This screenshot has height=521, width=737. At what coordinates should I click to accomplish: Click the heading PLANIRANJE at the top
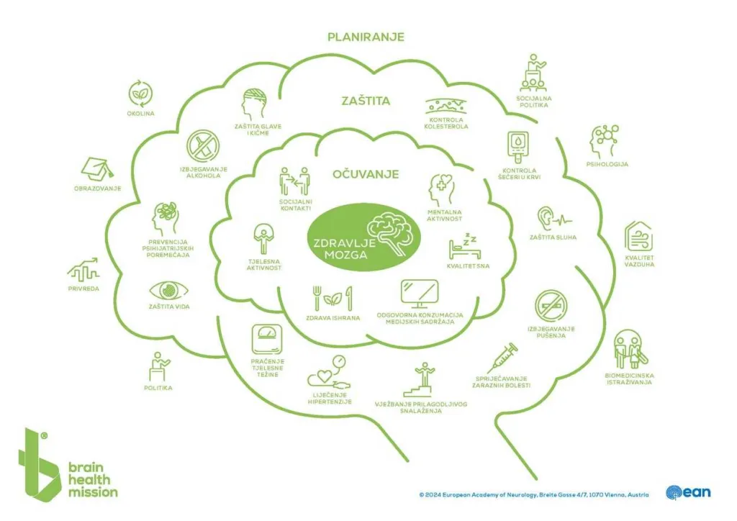click(x=366, y=37)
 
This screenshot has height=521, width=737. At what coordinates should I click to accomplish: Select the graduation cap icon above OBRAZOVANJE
click(x=96, y=168)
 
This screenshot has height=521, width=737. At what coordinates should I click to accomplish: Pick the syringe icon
click(x=502, y=358)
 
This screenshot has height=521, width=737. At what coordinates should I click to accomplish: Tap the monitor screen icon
click(x=420, y=293)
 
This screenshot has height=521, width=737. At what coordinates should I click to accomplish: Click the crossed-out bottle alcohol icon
click(x=203, y=146)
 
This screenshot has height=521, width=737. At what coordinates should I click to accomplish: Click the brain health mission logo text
click(x=92, y=479)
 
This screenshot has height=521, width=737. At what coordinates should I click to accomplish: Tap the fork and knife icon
click(x=332, y=297)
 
